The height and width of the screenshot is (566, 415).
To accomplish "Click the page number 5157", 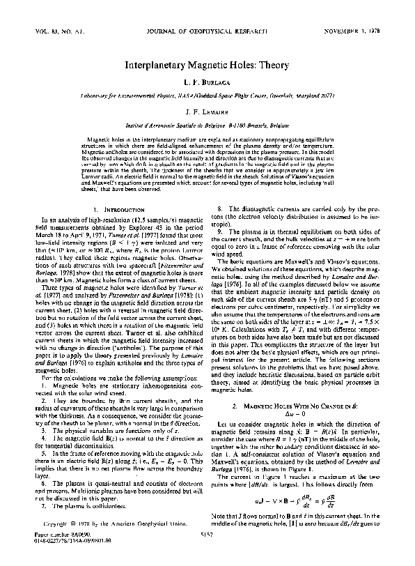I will [207, 555].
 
